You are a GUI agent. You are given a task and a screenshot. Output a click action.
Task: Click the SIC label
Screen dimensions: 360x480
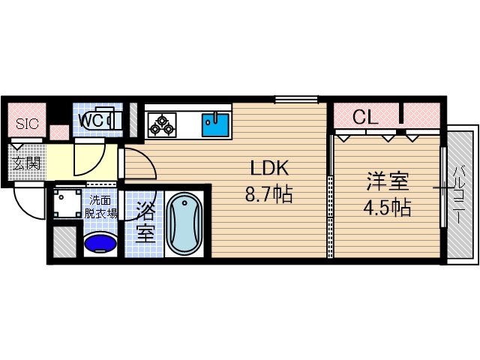25,124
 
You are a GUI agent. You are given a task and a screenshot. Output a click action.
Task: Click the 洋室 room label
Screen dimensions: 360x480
386,182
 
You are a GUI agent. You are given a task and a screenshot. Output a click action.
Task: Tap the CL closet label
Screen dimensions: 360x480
365,117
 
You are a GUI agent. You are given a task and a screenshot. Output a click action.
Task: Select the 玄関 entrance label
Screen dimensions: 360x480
25,161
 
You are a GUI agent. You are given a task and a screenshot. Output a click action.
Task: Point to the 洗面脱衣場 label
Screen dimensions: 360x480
103,206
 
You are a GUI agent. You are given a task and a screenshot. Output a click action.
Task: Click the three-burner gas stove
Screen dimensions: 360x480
161,124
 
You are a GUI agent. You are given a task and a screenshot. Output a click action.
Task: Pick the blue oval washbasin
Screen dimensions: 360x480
100,243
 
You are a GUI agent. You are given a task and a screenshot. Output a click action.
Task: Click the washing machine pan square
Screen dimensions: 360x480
67,202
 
